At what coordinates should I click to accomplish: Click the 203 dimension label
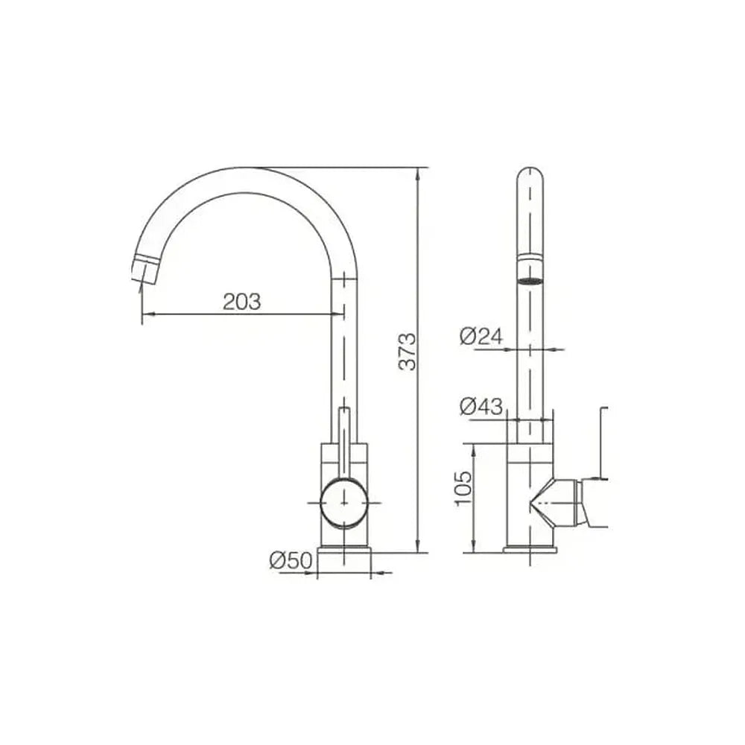(x=242, y=302)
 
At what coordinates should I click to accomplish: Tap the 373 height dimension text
(x=408, y=352)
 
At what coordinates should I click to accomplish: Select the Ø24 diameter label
(x=481, y=337)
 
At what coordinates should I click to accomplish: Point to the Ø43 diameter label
(x=481, y=406)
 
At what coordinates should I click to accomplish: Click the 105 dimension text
(x=463, y=489)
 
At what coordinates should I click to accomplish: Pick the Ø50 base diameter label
(x=291, y=561)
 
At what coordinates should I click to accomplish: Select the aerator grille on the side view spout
(x=530, y=282)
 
